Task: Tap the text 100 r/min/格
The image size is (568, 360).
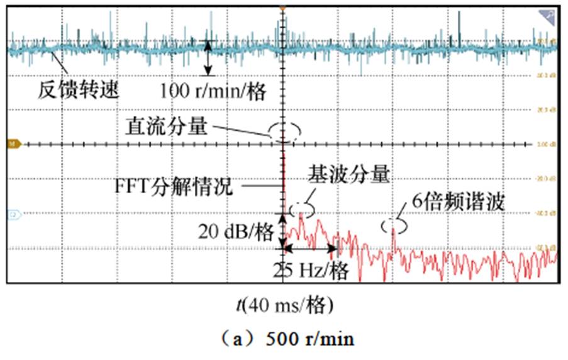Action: pyautogui.click(x=213, y=92)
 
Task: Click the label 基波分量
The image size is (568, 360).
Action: pyautogui.click(x=348, y=174)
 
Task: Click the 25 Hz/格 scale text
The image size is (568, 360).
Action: pyautogui.click(x=310, y=271)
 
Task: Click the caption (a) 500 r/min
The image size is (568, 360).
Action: pyautogui.click(x=284, y=340)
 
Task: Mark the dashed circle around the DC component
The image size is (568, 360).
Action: pyautogui.click(x=285, y=130)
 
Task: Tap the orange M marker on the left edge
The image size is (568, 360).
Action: pyautogui.click(x=10, y=143)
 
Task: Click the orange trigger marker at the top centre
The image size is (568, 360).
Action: pyautogui.click(x=283, y=8)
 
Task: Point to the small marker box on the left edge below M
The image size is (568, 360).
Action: pyautogui.click(x=10, y=215)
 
